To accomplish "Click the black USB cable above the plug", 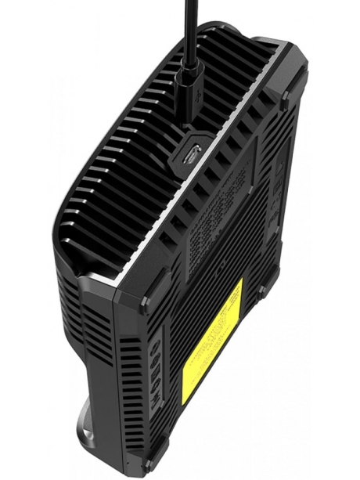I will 189,31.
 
